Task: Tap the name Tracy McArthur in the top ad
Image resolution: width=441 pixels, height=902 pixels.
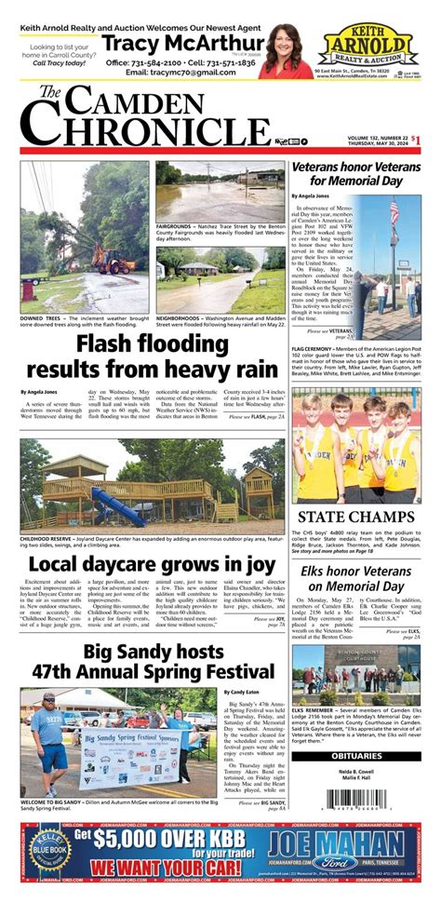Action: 183,45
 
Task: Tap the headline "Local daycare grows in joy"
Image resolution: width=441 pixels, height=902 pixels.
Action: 154,564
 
